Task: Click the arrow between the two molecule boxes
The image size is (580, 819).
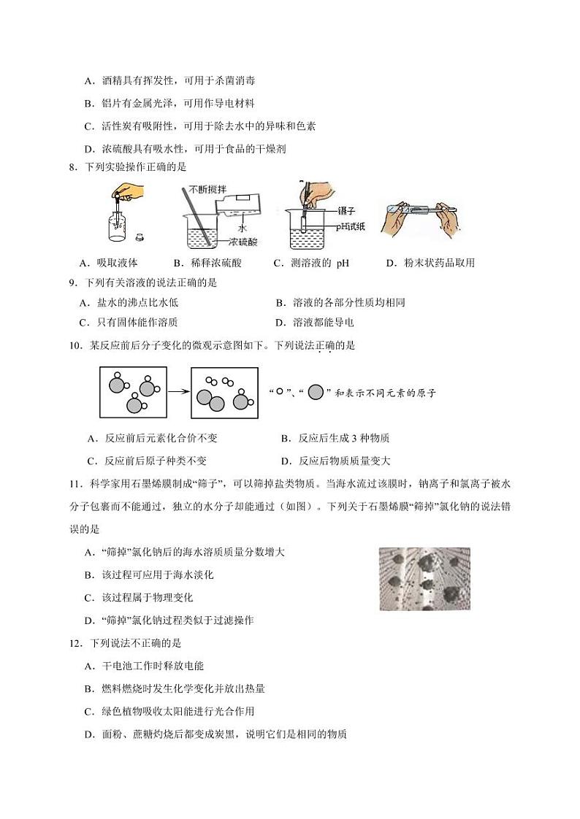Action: coord(180,392)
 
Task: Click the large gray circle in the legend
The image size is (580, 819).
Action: coord(316,392)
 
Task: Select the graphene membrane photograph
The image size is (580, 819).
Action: coord(424,579)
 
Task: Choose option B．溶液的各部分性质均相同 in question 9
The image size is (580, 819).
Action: coord(340,302)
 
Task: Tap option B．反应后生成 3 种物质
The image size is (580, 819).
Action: coord(335,438)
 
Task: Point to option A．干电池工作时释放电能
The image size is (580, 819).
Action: coord(144,666)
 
